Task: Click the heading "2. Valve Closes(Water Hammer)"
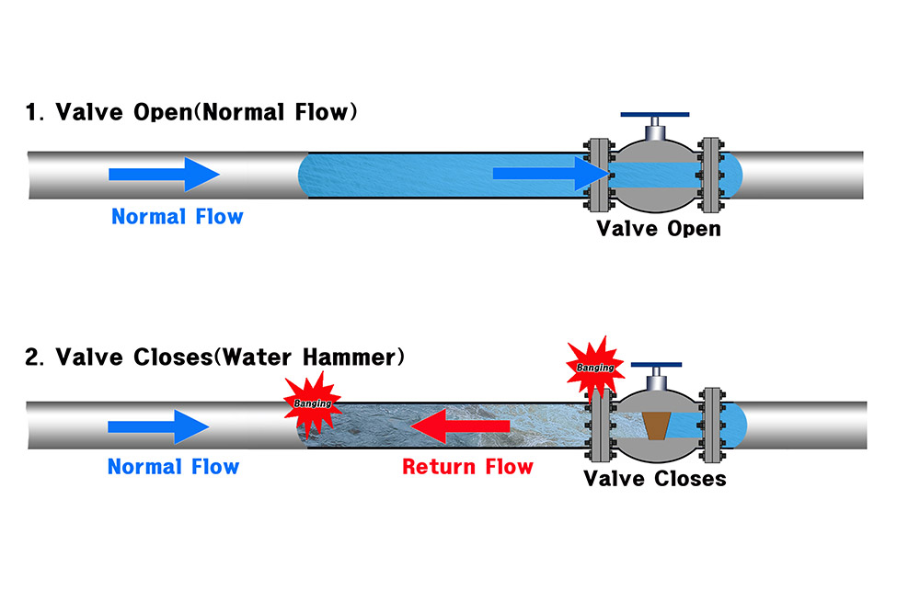point(214,357)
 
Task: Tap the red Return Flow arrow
point(459,426)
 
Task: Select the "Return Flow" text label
point(467,467)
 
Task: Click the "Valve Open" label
point(659,228)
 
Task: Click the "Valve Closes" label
point(655,479)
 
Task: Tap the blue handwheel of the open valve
point(655,116)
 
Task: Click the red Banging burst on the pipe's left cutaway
point(312,403)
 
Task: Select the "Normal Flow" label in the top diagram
point(177,217)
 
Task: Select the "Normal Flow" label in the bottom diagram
point(173,466)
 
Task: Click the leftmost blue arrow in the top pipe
point(164,174)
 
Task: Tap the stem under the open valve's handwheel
point(655,131)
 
